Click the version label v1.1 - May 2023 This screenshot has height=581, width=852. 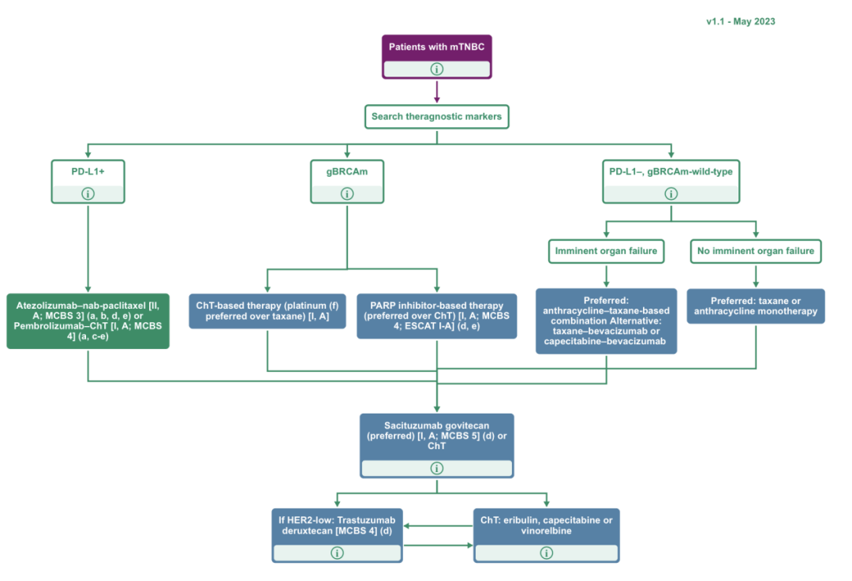click(740, 21)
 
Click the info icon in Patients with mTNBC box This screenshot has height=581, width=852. click(436, 69)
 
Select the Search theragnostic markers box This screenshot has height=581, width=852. click(436, 118)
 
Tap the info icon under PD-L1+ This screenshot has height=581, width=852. click(88, 193)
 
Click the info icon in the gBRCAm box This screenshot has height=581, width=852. click(347, 193)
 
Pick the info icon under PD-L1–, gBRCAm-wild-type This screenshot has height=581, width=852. click(671, 193)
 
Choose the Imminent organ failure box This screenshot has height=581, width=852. click(605, 252)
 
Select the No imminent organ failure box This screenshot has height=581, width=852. click(755, 252)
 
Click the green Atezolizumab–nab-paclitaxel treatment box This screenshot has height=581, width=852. click(88, 320)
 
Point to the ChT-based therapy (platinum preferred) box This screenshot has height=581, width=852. click(267, 311)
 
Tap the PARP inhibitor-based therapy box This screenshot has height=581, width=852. click(436, 316)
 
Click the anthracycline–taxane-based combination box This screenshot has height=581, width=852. click(606, 320)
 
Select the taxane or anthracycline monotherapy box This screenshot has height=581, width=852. click(755, 305)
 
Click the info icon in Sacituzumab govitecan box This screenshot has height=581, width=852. click(436, 468)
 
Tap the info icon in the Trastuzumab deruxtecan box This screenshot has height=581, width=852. click(338, 553)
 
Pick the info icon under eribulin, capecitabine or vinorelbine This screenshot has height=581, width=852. click(546, 553)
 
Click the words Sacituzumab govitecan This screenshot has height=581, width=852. click(436, 424)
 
